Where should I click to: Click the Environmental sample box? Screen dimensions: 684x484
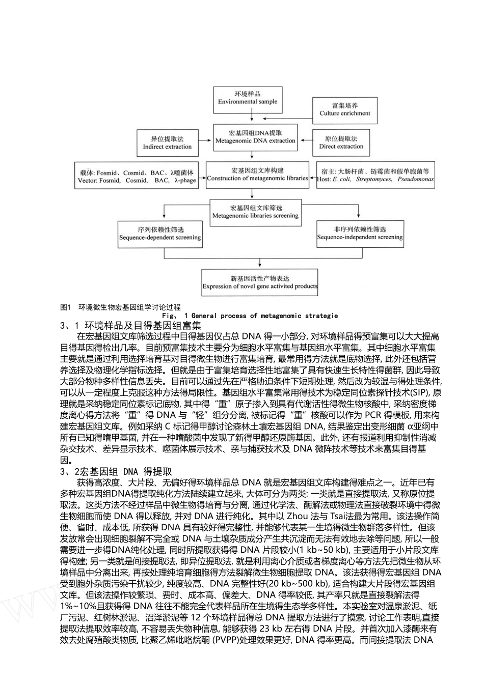pos(248,98)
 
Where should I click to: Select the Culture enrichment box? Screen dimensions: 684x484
pos(345,110)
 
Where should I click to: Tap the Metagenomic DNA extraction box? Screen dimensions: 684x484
pos(255,137)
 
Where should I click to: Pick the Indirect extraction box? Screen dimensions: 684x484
pos(167,143)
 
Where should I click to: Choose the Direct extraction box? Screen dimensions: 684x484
pos(341,142)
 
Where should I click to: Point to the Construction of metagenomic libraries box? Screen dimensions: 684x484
pos(257,175)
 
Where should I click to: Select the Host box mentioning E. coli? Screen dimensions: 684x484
pos(376,176)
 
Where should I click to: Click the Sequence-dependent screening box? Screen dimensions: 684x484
pos(160,234)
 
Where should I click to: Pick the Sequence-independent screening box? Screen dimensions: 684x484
pos(360,234)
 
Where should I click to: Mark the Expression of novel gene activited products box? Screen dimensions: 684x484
pos(260,282)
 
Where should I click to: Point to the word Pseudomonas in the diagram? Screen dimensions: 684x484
pos(416,180)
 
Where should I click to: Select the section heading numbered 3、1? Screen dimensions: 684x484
pos(130,326)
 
